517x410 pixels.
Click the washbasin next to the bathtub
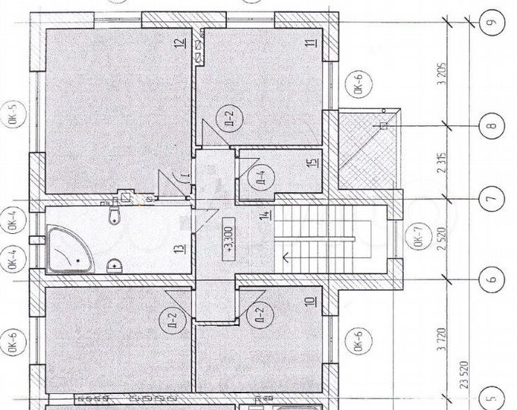coord(115,266)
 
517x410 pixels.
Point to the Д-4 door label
coord(260,179)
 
